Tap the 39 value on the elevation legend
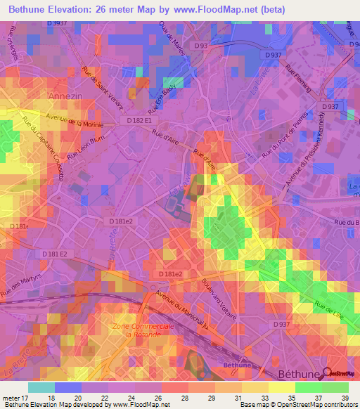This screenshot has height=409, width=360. click(343, 398)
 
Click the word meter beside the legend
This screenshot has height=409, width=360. click(11, 398)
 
